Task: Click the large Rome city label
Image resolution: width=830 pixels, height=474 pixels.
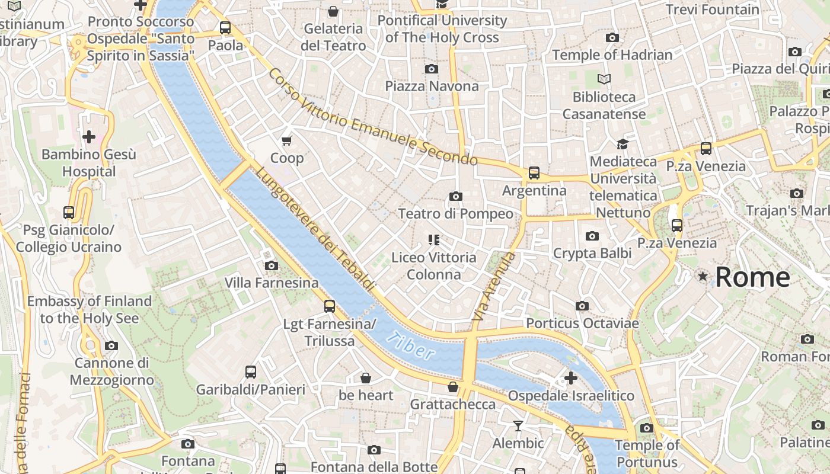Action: (x=752, y=277)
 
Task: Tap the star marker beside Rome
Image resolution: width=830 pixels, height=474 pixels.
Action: (x=703, y=276)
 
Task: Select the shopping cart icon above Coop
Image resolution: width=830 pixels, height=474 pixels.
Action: (x=287, y=140)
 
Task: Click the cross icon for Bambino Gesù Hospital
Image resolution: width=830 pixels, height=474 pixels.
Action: (x=89, y=137)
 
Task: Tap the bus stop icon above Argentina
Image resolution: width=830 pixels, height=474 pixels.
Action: (x=534, y=173)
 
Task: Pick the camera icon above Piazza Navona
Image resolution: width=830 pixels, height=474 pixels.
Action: (x=432, y=69)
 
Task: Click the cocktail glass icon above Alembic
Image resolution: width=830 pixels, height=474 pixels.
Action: (x=518, y=426)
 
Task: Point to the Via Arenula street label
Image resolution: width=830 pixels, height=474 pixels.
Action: (x=493, y=287)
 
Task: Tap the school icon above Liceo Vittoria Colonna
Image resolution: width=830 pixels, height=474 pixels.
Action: (x=434, y=240)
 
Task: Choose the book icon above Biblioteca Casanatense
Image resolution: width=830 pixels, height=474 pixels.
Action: (x=604, y=79)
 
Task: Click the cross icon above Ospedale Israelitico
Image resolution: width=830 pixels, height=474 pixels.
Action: (x=571, y=378)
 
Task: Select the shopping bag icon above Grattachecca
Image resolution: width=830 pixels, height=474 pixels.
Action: (x=453, y=387)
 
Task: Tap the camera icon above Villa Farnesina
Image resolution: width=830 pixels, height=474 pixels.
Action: (x=272, y=265)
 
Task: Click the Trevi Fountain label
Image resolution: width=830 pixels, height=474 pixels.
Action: (x=712, y=9)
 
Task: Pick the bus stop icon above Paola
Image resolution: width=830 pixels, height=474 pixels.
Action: (x=225, y=27)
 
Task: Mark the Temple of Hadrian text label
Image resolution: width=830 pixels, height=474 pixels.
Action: (x=612, y=55)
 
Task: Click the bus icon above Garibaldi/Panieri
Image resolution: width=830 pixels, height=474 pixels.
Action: (x=251, y=372)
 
